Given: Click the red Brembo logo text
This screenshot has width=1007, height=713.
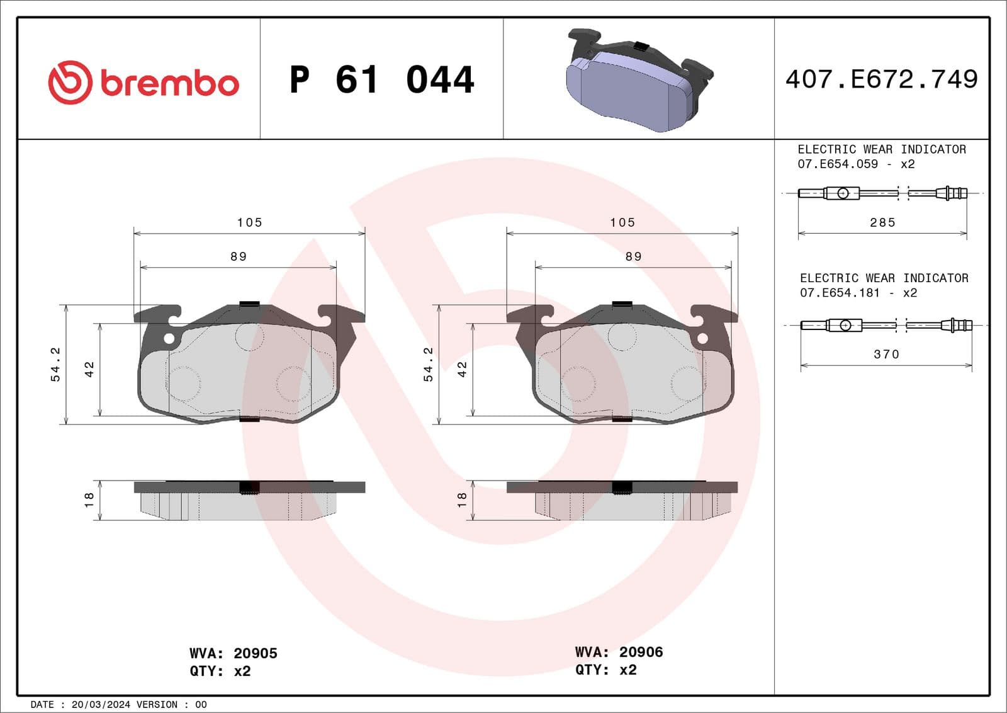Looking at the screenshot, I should pyautogui.click(x=169, y=84).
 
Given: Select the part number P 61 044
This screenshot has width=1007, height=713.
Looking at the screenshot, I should pyautogui.click(x=381, y=80).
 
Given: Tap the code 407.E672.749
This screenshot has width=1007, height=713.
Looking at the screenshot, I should pyautogui.click(x=881, y=79).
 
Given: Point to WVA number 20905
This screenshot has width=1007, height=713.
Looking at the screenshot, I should pyautogui.click(x=255, y=653).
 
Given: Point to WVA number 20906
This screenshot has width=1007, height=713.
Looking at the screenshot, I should pyautogui.click(x=641, y=652).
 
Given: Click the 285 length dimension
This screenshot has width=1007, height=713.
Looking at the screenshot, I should pyautogui.click(x=882, y=222).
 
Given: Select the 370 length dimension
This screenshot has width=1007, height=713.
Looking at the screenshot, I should pyautogui.click(x=886, y=354).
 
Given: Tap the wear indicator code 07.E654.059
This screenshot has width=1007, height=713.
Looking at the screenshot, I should pyautogui.click(x=838, y=164).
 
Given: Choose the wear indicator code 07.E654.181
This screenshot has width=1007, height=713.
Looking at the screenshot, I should pyautogui.click(x=840, y=293).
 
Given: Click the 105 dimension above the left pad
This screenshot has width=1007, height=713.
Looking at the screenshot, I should pyautogui.click(x=249, y=222).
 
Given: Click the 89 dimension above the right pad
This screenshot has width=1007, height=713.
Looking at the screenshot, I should pyautogui.click(x=633, y=256).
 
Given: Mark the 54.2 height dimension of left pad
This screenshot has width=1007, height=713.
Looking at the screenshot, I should pyautogui.click(x=55, y=364).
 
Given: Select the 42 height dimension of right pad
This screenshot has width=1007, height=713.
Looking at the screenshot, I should pyautogui.click(x=463, y=369).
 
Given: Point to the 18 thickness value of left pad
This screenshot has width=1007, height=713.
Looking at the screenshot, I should pyautogui.click(x=89, y=499).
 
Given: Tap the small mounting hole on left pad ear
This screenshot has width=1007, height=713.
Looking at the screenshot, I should pyautogui.click(x=169, y=339).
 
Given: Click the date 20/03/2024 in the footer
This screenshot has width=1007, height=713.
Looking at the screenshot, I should pyautogui.click(x=101, y=704).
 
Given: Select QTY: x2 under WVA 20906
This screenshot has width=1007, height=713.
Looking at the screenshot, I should pyautogui.click(x=605, y=670).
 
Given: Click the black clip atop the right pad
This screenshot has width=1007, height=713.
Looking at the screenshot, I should pyautogui.click(x=622, y=304).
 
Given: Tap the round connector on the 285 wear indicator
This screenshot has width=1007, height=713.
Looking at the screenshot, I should pyautogui.click(x=843, y=193).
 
